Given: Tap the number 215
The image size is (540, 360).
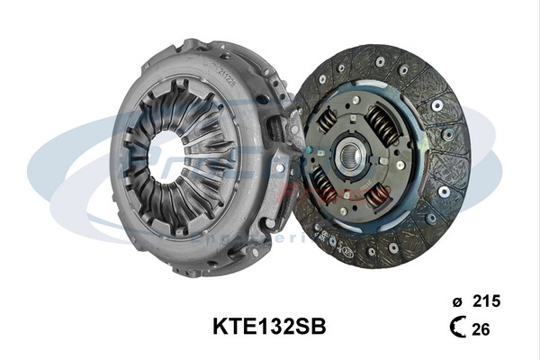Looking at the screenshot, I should [486, 300].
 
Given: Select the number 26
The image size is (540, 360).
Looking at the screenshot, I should [481, 329].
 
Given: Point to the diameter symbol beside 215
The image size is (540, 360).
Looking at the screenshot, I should [456, 301].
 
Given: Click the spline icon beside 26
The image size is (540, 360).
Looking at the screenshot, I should [457, 329].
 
